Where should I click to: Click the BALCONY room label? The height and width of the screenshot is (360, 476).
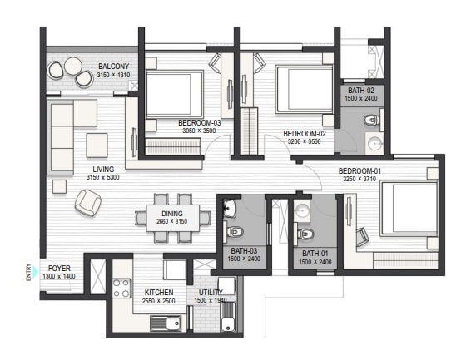112,66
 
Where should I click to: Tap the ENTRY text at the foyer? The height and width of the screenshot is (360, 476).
29,272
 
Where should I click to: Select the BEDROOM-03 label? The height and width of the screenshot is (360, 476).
198,123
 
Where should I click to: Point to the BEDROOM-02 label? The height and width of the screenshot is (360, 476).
303,133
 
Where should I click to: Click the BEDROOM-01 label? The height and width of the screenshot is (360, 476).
359,171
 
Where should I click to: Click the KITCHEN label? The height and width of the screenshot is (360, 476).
159,293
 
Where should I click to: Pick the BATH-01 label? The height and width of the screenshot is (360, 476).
315,254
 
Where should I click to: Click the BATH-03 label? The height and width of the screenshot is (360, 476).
243,251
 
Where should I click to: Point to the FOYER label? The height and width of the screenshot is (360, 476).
59,268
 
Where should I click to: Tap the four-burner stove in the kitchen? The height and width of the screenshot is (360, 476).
121,288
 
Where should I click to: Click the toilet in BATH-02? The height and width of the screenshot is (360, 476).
371,122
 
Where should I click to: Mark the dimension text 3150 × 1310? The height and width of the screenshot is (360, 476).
113,75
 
